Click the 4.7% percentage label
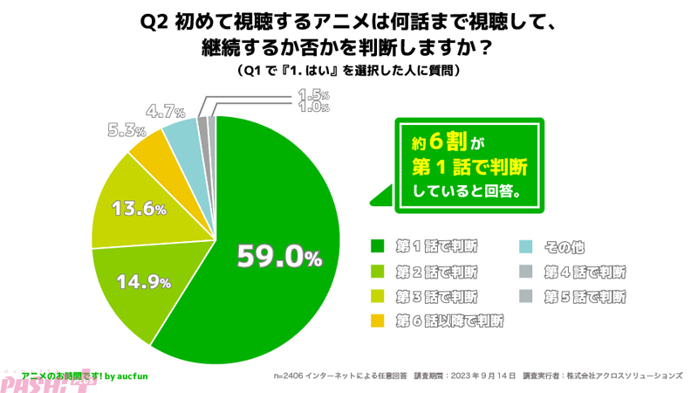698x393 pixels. (x=165, y=111)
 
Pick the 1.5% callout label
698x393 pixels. (x=312, y=94)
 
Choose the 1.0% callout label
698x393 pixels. (x=312, y=107)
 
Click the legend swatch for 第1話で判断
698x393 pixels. (x=378, y=245)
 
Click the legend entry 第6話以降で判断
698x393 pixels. (x=451, y=321)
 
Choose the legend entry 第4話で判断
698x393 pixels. (x=585, y=271)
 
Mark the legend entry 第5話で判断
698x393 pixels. (x=585, y=296)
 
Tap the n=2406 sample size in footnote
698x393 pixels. (x=293, y=375)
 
